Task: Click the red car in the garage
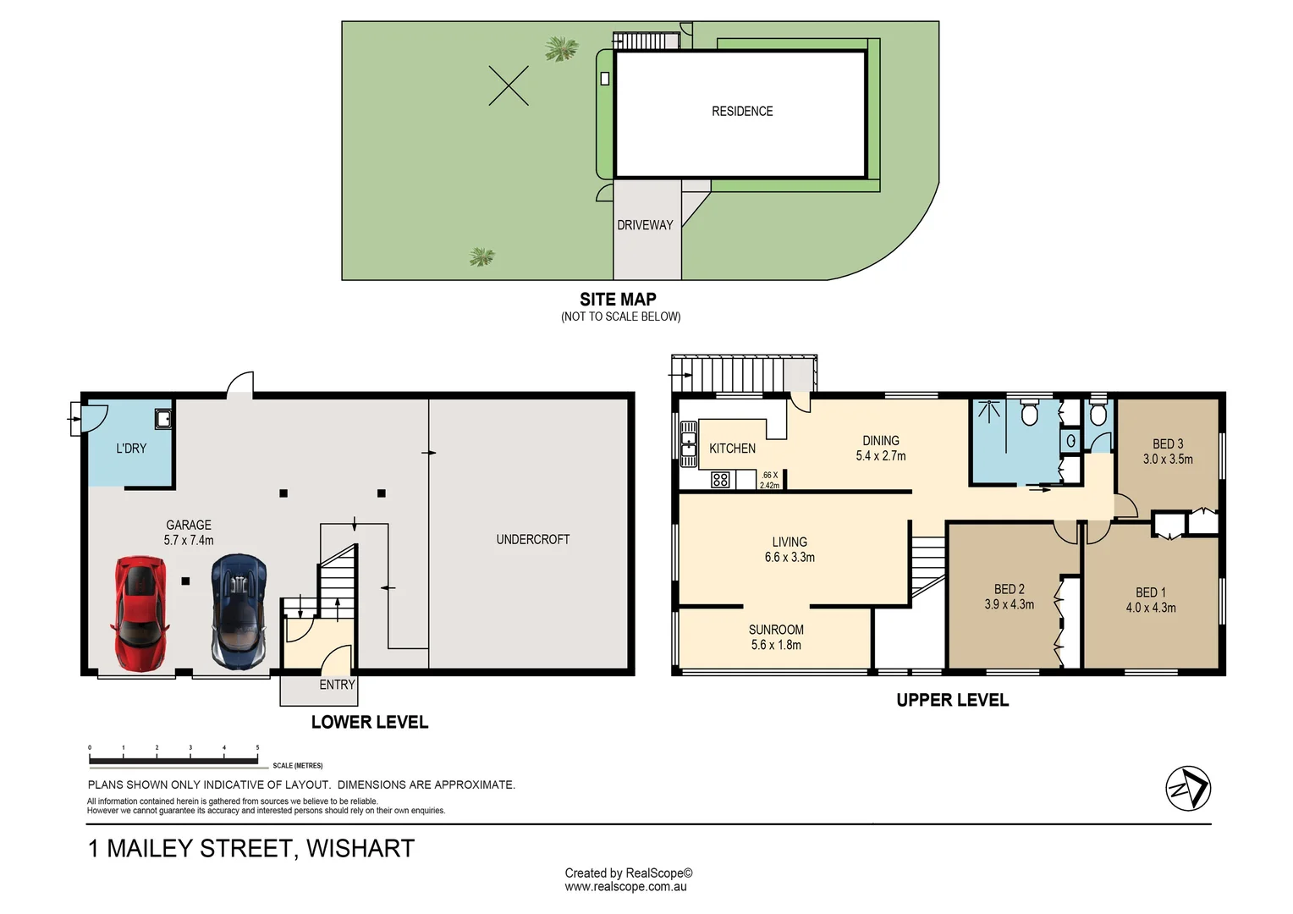coord(140,614)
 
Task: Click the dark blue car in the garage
coord(239,612)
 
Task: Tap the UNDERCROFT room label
coord(533,539)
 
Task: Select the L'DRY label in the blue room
coord(131,448)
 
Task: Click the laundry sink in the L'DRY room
coord(163,419)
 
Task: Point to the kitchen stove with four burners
coord(720,479)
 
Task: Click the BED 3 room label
coord(1168,444)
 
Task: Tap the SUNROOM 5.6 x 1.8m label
coord(776,637)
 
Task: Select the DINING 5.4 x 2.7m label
coord(881,448)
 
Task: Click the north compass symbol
coord(1188,788)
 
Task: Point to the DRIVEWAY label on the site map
coord(645,225)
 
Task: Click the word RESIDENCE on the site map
coord(742,111)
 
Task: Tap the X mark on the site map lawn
coord(509,85)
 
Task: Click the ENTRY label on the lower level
coord(337,685)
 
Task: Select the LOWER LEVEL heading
coord(370,722)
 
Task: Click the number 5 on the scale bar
coord(257,748)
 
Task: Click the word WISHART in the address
coord(360,848)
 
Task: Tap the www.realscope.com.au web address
coord(625,887)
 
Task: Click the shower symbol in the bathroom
coord(989,411)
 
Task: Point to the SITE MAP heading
coord(618,299)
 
